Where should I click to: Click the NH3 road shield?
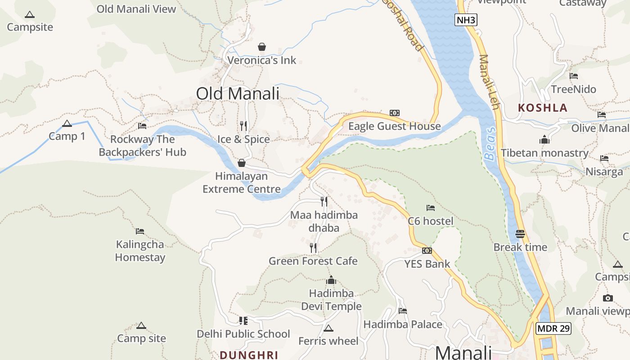pyautogui.click(x=465, y=20)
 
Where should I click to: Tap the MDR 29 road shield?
pyautogui.click(x=553, y=328)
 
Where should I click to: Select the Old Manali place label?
pyautogui.click(x=238, y=94)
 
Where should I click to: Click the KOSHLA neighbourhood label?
pyautogui.click(x=542, y=108)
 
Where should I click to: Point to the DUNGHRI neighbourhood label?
pyautogui.click(x=249, y=355)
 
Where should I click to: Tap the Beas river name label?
pyautogui.click(x=490, y=144)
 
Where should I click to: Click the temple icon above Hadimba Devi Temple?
pyautogui.click(x=331, y=280)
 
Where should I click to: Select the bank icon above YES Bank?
pyautogui.click(x=427, y=251)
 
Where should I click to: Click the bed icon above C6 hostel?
pyautogui.click(x=431, y=208)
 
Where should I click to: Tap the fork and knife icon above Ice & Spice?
pyautogui.click(x=243, y=126)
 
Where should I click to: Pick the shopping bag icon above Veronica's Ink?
pyautogui.click(x=261, y=47)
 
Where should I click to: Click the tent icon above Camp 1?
pyautogui.click(x=67, y=124)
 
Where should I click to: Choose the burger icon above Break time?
pyautogui.click(x=520, y=234)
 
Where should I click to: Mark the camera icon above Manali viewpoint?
pyautogui.click(x=608, y=298)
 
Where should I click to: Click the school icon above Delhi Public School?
pyautogui.click(x=243, y=321)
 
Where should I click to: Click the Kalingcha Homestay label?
pyautogui.click(x=140, y=251)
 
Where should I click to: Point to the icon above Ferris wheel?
pyautogui.click(x=328, y=328)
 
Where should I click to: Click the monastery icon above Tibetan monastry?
pyautogui.click(x=544, y=140)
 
